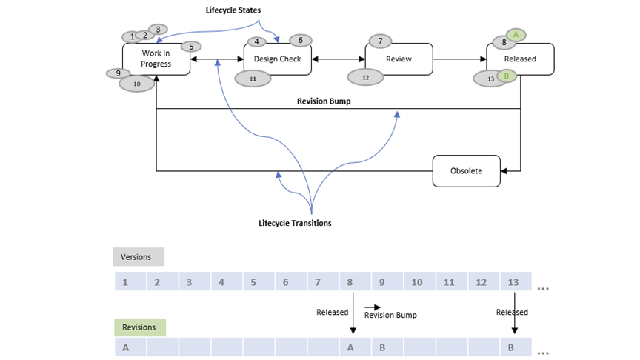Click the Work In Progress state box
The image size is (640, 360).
[156, 59]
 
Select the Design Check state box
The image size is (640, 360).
[277, 59]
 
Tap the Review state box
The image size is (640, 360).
[399, 59]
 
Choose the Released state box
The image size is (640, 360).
[520, 59]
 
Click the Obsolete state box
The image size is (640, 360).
[466, 171]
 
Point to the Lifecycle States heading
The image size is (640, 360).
[233, 10]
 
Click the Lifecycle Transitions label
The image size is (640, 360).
[295, 223]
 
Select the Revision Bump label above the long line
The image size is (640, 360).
[324, 101]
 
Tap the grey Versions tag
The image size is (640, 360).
[138, 257]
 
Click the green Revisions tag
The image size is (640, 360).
[139, 327]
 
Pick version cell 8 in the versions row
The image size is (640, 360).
[350, 282]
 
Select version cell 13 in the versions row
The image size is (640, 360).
[514, 282]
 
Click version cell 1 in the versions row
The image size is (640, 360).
[125, 282]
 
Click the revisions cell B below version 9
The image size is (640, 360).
[382, 347]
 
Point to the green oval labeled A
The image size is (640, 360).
[516, 35]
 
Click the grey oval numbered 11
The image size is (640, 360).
[253, 78]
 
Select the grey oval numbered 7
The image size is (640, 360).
[380, 41]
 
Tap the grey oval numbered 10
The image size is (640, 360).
[137, 84]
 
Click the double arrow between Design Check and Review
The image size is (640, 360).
[338, 59]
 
